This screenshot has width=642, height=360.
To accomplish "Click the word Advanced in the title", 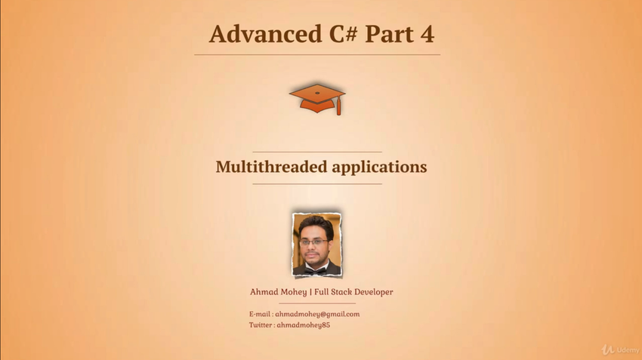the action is click(266, 33).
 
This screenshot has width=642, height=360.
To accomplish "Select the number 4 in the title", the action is click(427, 34).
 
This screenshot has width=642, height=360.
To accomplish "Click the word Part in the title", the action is click(389, 34).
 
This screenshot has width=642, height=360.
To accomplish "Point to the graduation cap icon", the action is click(317, 99).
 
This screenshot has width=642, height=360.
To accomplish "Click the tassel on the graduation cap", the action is click(338, 107).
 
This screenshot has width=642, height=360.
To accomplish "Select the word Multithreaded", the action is click(271, 167).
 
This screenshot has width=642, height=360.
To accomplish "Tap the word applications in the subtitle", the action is click(380, 168).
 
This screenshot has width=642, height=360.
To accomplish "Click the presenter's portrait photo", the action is click(317, 245).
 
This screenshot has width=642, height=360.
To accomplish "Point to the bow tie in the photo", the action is click(316, 270).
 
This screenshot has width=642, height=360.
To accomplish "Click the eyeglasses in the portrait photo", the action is click(313, 242).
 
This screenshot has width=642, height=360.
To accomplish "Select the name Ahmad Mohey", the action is click(279, 292).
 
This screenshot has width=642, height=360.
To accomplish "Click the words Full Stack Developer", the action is click(353, 292).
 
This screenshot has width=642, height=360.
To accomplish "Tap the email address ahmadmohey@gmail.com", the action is click(317, 314).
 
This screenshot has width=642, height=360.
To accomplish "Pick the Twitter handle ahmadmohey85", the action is click(304, 325).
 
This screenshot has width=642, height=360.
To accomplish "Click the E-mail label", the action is click(260, 314).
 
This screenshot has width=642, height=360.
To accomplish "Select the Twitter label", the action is click(261, 325).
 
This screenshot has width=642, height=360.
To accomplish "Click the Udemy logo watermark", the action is click(620, 349).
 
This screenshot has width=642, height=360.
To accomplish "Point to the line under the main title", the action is click(317, 54).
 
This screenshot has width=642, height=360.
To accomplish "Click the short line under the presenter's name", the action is click(317, 303).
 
